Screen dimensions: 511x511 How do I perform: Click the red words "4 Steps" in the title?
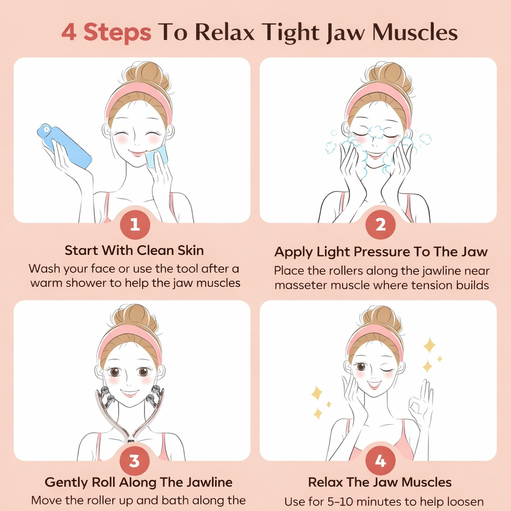[106, 32]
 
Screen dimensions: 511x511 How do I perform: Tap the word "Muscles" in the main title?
[415, 32]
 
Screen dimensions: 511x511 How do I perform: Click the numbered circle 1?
[135, 225]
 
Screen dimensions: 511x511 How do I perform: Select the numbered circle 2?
[380, 225]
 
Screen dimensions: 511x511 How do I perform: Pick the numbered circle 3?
[135, 461]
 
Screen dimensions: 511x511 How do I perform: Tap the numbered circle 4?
[380, 461]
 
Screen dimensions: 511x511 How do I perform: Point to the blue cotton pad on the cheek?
[156, 156]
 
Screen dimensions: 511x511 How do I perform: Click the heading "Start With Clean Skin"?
[134, 251]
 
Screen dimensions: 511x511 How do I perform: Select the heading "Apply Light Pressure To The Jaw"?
[381, 252]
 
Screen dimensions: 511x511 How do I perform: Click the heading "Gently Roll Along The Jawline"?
[139, 482]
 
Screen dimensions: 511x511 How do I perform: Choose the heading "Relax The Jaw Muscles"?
[380, 482]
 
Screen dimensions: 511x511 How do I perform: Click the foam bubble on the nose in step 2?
[376, 132]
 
